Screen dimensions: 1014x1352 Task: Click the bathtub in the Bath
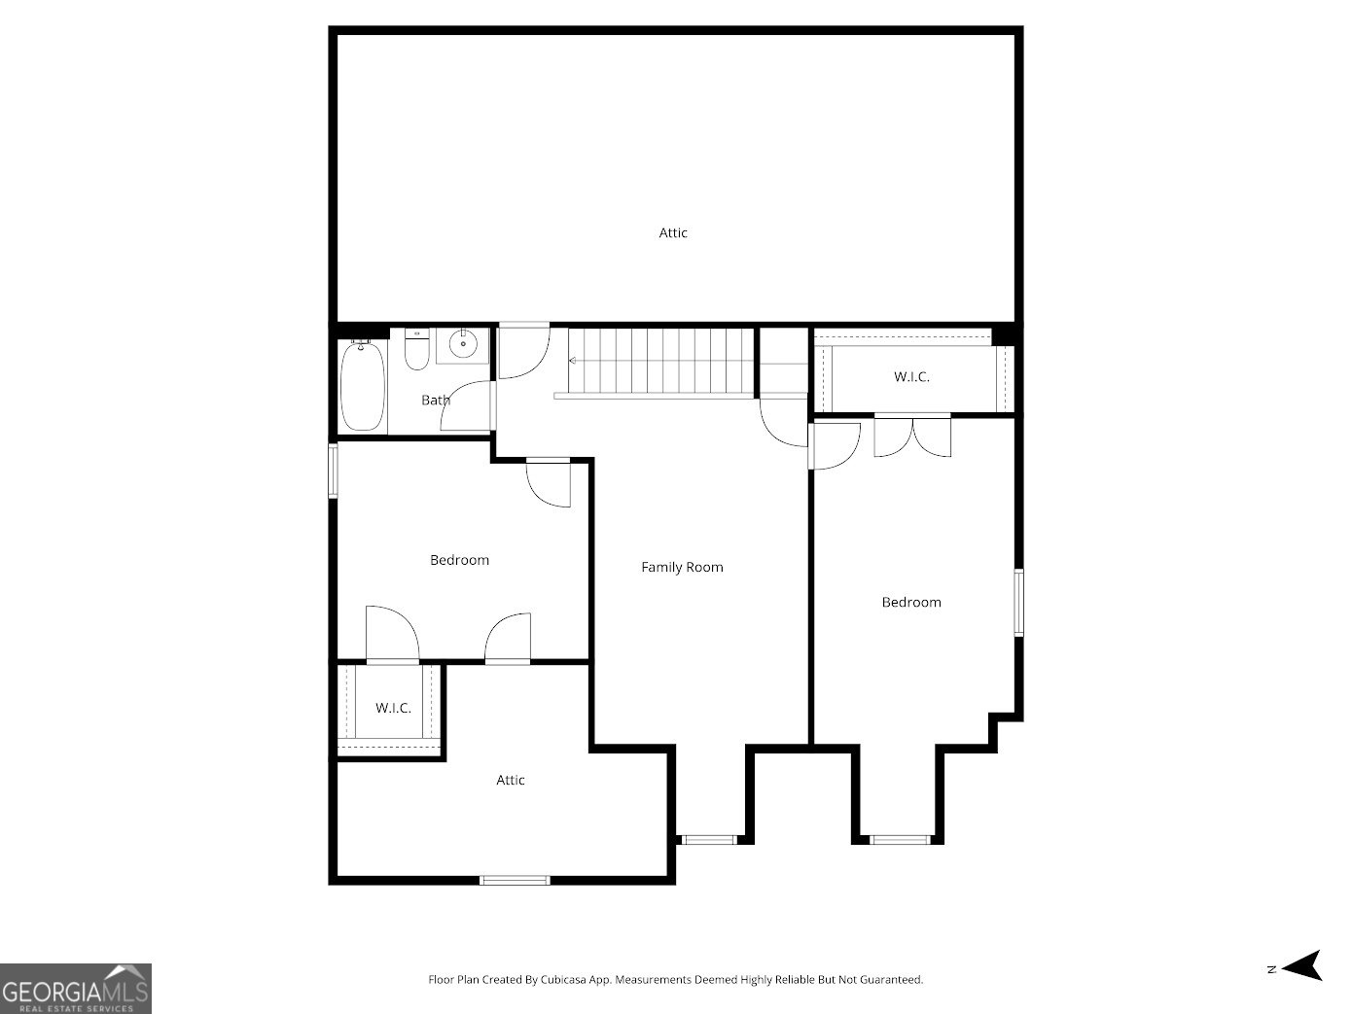[x=363, y=386]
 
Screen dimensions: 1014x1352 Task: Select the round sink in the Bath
[x=463, y=343]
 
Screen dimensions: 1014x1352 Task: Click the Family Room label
[x=682, y=568]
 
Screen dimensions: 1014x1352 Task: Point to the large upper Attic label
[x=673, y=233]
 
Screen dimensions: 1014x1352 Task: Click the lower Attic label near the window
[x=511, y=781]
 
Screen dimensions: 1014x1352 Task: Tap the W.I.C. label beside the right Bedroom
[x=911, y=377]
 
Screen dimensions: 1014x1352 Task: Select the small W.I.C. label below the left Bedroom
[x=393, y=708]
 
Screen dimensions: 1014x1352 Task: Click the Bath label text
[x=435, y=401]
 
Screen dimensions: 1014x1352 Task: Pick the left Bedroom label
[x=459, y=560]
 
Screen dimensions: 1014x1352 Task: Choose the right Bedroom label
[x=911, y=603]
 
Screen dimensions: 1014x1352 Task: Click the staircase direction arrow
[x=573, y=361]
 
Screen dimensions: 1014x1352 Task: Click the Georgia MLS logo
[x=76, y=988]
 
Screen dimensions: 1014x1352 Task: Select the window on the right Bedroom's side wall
[x=1018, y=603]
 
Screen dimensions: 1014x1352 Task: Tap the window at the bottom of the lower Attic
[x=515, y=880]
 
